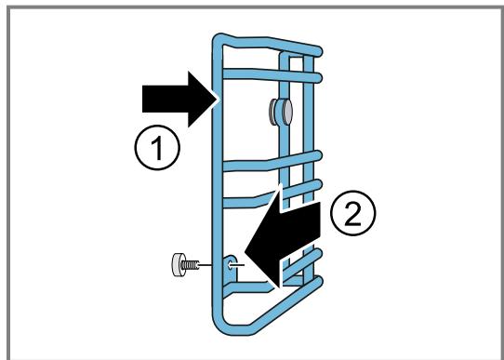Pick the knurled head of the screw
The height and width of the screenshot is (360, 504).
coord(177,265)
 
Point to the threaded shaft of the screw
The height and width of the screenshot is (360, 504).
coord(194,265)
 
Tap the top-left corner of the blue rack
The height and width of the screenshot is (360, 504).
coord(216,39)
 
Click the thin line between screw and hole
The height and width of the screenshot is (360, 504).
coord(211,265)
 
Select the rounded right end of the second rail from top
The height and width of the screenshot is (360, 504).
coord(319,73)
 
